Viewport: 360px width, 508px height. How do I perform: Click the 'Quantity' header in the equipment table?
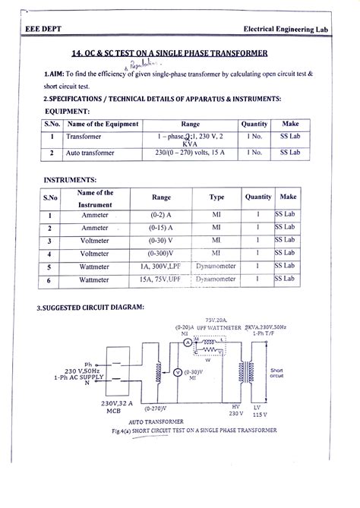point(254,124)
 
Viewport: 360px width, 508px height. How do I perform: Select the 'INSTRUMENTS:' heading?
point(69,181)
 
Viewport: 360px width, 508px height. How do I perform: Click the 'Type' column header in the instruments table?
point(217,197)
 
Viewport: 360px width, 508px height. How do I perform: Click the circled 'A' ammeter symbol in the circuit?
point(187,342)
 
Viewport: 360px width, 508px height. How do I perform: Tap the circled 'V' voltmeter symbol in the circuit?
point(177,372)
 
